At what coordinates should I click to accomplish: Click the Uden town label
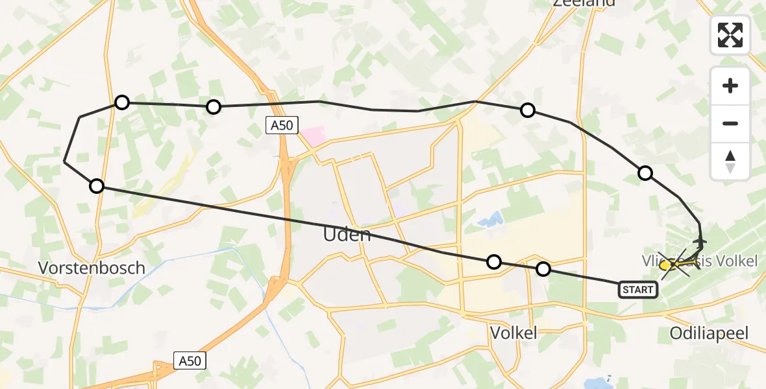click(x=347, y=234)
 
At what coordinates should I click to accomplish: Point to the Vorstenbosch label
click(x=92, y=268)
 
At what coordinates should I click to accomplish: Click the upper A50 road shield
click(x=282, y=126)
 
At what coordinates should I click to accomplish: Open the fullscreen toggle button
click(x=730, y=35)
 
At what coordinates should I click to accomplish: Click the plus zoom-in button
click(x=730, y=86)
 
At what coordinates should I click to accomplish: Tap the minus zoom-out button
click(x=730, y=123)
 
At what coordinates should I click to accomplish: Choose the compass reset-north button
click(x=730, y=161)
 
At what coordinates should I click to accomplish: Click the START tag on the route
click(x=637, y=290)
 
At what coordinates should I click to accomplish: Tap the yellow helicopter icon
click(x=666, y=265)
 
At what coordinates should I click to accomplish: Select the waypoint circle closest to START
click(x=543, y=268)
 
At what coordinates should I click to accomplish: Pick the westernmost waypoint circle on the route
click(x=97, y=187)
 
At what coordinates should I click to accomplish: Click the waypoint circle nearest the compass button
click(x=645, y=173)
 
